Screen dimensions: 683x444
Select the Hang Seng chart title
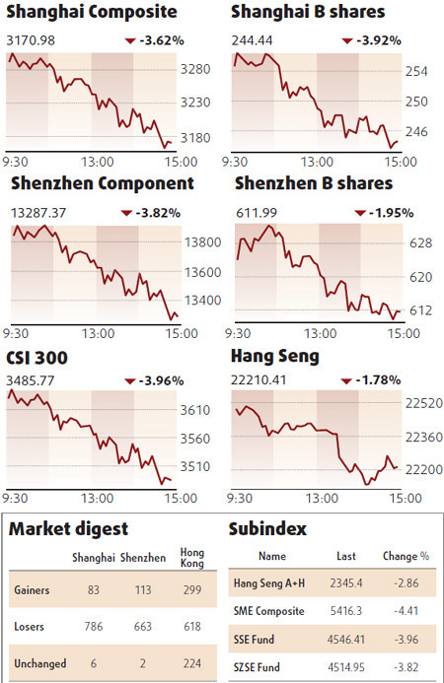click(x=274, y=356)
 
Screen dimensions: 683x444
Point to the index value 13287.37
click(x=38, y=212)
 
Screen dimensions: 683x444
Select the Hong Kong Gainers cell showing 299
click(x=191, y=590)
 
